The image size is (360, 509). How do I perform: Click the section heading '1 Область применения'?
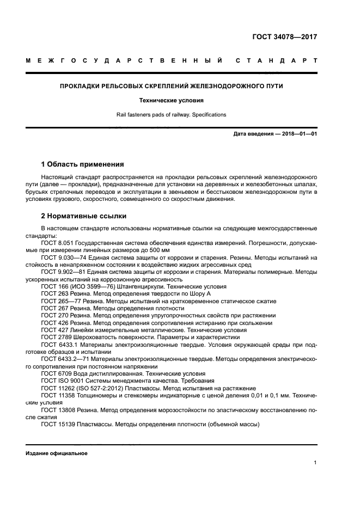[x=82, y=164]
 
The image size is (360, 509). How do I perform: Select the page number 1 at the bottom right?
[x=315, y=463]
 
